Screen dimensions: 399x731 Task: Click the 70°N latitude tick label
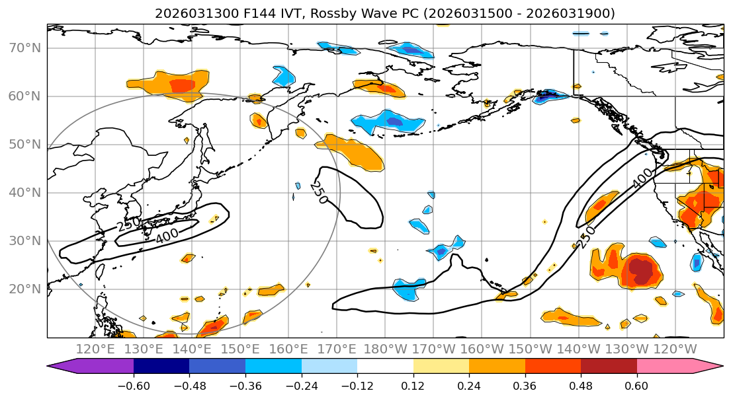pos(24,48)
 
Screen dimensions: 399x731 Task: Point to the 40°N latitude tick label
pos(24,193)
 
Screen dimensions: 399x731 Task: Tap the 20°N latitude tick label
pos(24,289)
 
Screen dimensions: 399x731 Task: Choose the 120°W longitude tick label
pos(675,349)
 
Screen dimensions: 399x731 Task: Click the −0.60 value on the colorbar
pos(134,384)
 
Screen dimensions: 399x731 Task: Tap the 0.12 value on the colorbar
pos(413,384)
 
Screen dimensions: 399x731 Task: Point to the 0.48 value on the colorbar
pos(581,384)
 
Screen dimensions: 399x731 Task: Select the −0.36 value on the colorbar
pos(245,384)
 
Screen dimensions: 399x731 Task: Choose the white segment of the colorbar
pos(385,367)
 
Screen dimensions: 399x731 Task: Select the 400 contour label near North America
pos(642,177)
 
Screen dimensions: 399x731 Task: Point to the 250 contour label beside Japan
pos(128,223)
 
